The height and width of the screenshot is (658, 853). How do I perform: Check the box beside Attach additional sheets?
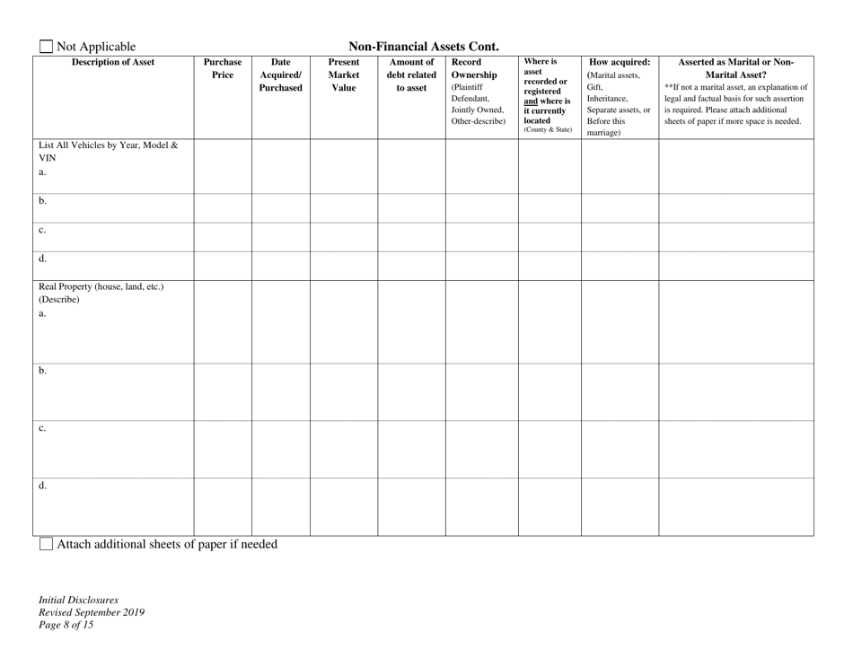click(x=46, y=544)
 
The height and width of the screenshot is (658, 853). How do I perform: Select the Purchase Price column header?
click(x=222, y=69)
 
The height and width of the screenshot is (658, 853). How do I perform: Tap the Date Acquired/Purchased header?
click(x=280, y=75)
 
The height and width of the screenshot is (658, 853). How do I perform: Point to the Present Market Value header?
click(x=343, y=75)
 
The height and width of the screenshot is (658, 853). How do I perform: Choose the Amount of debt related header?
click(x=411, y=75)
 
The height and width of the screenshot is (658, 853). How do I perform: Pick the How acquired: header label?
click(x=620, y=62)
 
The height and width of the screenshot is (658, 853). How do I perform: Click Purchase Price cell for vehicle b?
click(x=222, y=207)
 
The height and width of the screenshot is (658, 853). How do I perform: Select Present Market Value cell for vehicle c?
click(x=343, y=237)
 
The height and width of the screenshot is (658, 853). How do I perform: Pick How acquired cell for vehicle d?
click(x=620, y=266)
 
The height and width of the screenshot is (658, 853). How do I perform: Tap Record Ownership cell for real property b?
click(x=481, y=391)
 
